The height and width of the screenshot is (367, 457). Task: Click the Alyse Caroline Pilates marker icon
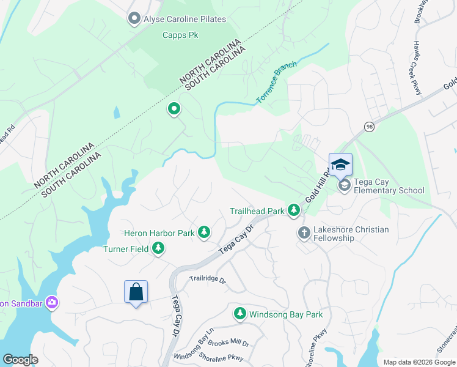click(x=134, y=19)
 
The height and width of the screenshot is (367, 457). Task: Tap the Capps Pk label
click(x=180, y=35)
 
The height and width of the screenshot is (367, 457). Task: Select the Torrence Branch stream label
click(x=276, y=81)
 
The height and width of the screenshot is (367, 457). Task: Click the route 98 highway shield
click(x=369, y=127)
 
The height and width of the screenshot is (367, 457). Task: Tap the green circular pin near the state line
click(x=174, y=110)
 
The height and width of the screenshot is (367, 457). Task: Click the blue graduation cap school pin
click(x=340, y=165)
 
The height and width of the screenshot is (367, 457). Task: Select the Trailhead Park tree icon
click(x=294, y=211)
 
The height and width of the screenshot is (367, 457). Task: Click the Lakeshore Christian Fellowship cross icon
click(x=304, y=232)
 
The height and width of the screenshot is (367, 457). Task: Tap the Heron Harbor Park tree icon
click(x=204, y=232)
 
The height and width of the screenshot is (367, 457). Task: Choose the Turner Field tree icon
click(x=159, y=248)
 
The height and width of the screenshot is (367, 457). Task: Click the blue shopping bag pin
click(x=136, y=292)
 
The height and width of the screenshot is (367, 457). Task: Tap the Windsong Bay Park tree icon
click(x=240, y=314)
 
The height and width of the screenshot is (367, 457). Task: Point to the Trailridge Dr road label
click(x=207, y=280)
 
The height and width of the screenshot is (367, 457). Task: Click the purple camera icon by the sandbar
click(x=51, y=303)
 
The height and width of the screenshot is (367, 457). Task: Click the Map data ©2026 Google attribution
click(x=419, y=362)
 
